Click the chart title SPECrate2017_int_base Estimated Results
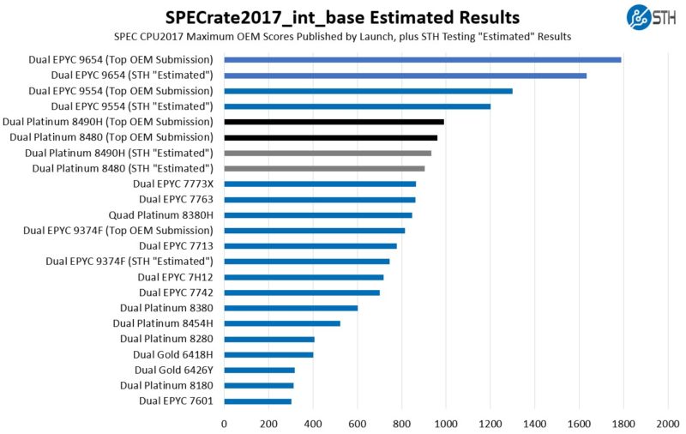coord(342,16)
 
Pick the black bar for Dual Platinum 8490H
coord(334,122)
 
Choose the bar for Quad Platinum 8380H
coord(318,214)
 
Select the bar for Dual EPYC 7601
coord(257,401)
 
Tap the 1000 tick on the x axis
coord(445,423)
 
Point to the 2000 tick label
coord(667,423)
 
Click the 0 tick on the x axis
coord(225,423)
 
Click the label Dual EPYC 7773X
coord(172,184)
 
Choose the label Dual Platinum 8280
coord(166,339)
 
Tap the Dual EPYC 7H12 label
coord(175,277)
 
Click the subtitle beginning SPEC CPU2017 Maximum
coord(342,36)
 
